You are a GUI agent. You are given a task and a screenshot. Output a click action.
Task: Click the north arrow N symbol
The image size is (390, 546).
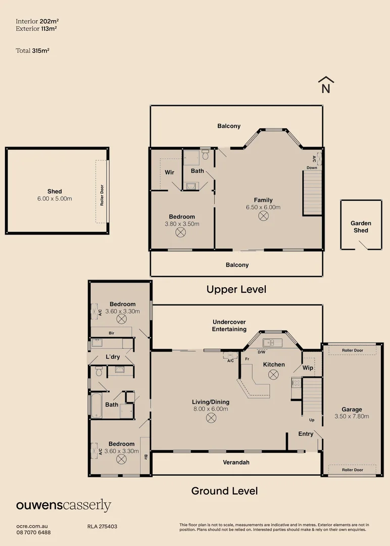326,85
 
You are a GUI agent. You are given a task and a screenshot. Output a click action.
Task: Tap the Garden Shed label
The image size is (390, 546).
361,226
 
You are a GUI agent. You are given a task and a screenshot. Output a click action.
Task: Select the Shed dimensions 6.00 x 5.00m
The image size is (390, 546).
55,199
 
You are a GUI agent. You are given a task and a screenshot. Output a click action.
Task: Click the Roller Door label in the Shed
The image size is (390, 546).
102,195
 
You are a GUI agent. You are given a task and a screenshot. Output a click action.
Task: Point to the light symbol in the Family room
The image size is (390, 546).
263,216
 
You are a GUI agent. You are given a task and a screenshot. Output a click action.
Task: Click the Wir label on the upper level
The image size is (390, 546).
169,172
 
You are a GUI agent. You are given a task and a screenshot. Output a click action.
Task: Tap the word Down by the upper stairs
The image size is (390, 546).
312,167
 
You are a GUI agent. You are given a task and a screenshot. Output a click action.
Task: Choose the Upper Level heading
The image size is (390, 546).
236,289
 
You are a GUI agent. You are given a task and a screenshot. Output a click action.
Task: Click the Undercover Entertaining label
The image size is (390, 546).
229,326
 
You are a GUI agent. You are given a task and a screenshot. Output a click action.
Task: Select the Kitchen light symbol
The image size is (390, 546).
273,375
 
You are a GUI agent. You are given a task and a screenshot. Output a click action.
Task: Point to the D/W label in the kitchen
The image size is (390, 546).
261,352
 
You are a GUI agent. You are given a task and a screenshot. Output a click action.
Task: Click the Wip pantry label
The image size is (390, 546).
308,368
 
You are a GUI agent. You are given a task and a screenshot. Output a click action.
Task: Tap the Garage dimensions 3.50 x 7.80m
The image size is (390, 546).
352,416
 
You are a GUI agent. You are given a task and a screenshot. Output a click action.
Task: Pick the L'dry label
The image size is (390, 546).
113,357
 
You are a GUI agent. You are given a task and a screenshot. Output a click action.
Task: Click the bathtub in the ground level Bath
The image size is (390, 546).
96,405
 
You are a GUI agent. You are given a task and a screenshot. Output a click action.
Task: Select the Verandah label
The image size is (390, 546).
236,463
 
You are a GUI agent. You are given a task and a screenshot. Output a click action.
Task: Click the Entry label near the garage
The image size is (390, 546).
306,434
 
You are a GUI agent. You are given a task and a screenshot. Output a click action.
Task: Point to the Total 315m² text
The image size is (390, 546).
32,51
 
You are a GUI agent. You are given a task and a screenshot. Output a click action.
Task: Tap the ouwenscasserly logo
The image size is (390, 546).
64,506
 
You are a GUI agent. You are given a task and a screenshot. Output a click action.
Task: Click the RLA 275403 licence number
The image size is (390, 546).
102,526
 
